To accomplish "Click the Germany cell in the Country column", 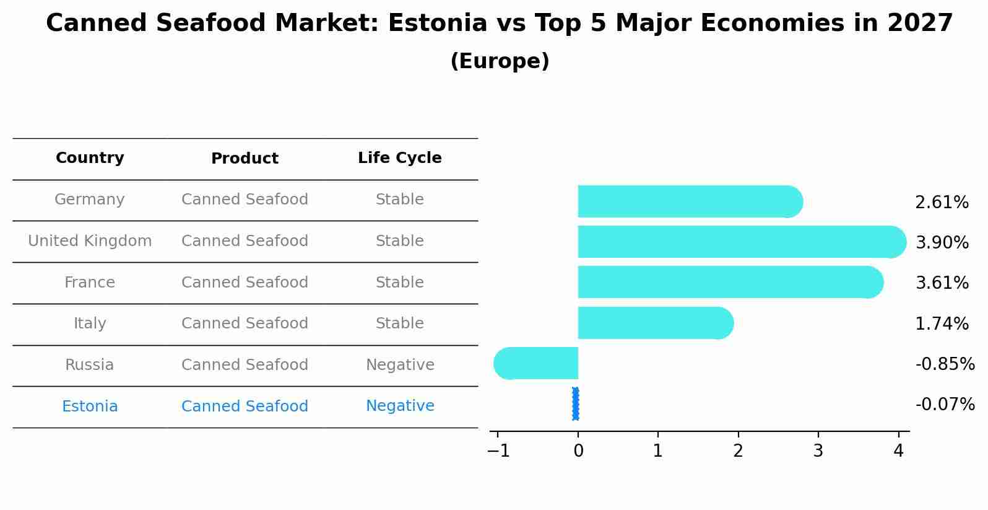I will pyautogui.click(x=90, y=200).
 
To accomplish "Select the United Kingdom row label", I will pyautogui.click(x=90, y=241).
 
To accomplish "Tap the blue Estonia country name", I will pyautogui.click(x=90, y=407).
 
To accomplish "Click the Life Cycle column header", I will pyautogui.click(x=399, y=158).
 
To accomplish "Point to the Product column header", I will pyautogui.click(x=245, y=159).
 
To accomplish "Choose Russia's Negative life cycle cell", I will pyautogui.click(x=399, y=365).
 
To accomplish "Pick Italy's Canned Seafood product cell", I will pyautogui.click(x=245, y=323).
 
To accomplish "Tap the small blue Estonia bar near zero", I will pyautogui.click(x=576, y=404).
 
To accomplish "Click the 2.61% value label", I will pyautogui.click(x=942, y=203).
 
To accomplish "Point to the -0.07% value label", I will pyautogui.click(x=945, y=405).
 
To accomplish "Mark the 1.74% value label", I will pyautogui.click(x=942, y=323).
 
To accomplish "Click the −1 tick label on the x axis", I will pyautogui.click(x=498, y=451).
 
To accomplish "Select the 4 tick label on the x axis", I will pyautogui.click(x=898, y=451).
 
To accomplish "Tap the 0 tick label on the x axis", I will pyautogui.click(x=578, y=451).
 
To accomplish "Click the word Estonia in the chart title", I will pyautogui.click(x=438, y=24).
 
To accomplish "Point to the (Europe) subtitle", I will pyautogui.click(x=500, y=61).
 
